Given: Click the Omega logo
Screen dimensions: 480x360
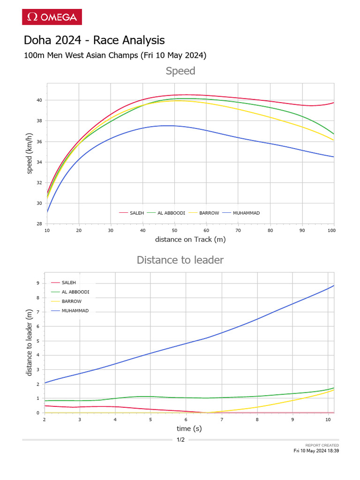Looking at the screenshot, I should (x=52, y=17).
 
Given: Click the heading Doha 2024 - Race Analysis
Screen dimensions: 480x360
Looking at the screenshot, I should (x=94, y=40).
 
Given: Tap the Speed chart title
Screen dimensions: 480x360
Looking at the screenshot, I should (x=180, y=71).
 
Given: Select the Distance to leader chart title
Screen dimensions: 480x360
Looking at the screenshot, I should (x=180, y=260).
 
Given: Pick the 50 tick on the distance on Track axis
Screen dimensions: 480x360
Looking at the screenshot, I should (x=174, y=231).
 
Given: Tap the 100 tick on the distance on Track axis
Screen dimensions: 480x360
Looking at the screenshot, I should (x=331, y=231).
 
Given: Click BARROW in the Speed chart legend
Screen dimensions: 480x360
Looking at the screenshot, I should (x=209, y=213).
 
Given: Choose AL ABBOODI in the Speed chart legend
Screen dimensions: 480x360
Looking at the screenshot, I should (x=171, y=213).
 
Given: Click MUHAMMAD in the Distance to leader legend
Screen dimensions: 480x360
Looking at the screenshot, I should (x=75, y=311).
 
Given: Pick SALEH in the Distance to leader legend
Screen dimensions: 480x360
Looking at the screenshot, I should (x=68, y=283).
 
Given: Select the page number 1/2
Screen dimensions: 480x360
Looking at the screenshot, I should (x=180, y=440).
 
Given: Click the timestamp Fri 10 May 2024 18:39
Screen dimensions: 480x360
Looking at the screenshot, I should (x=316, y=450).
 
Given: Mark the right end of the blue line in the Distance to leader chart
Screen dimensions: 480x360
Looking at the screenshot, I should (x=334, y=285).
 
